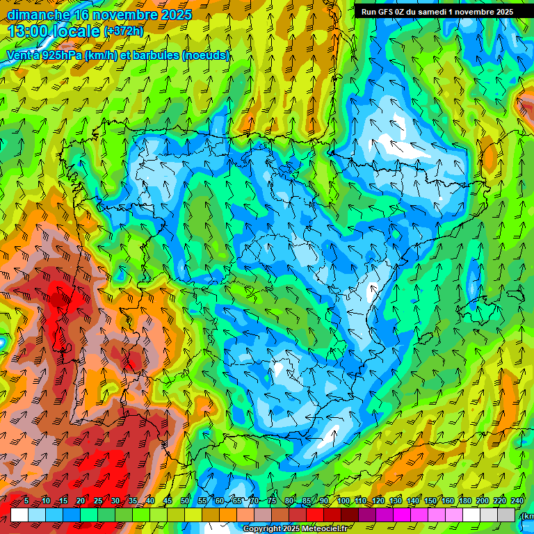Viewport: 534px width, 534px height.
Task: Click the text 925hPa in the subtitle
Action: coord(57,56)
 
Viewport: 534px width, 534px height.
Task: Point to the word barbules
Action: coord(152,56)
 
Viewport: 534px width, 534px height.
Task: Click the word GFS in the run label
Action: coord(389,12)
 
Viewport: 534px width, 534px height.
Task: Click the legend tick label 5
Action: coord(26,501)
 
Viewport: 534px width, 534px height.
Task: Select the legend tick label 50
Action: coord(185,501)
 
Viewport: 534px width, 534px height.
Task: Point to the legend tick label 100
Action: coord(343,501)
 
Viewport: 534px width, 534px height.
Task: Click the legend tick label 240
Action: coord(516,501)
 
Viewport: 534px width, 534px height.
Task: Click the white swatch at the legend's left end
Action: coord(19,515)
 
